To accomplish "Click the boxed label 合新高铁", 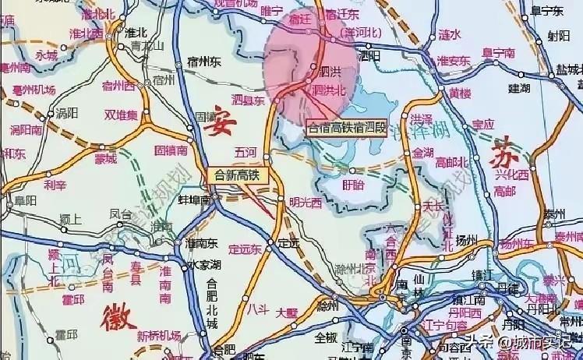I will pos(238,176).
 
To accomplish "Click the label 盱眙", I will pos(352,185).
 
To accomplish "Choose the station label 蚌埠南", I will pos(195,200).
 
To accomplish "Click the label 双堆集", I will pos(121,115).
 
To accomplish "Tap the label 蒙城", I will pos(104,158).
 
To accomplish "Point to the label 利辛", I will pos(55,185).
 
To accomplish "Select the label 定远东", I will pos(247,250).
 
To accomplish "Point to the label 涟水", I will pos(450,34).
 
